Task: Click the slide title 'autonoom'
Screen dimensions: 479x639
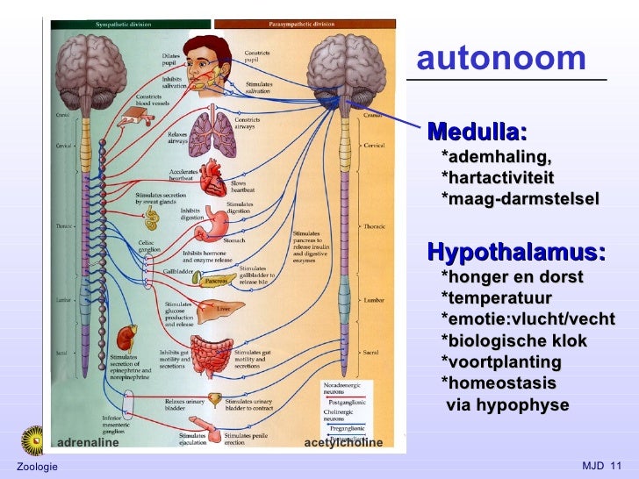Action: tap(500, 59)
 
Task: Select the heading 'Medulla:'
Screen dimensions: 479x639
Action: tap(477, 133)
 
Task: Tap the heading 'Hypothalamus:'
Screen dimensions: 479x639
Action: tap(516, 254)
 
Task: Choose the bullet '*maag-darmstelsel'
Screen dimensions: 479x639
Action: tap(520, 199)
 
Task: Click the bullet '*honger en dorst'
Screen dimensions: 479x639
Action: tap(512, 277)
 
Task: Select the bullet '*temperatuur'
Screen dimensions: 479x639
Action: tap(496, 298)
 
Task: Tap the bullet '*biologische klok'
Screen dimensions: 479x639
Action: tap(513, 341)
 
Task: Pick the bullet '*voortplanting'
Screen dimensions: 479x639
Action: tap(500, 362)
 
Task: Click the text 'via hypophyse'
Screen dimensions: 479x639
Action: tap(507, 405)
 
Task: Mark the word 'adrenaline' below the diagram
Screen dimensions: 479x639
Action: tap(87, 442)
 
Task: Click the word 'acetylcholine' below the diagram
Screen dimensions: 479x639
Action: tap(343, 442)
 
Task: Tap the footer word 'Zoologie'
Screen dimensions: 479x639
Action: tap(37, 465)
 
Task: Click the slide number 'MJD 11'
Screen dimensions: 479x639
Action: tap(601, 464)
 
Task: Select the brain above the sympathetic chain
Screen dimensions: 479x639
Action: tap(84, 67)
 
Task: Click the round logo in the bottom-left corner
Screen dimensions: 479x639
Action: tap(34, 439)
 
